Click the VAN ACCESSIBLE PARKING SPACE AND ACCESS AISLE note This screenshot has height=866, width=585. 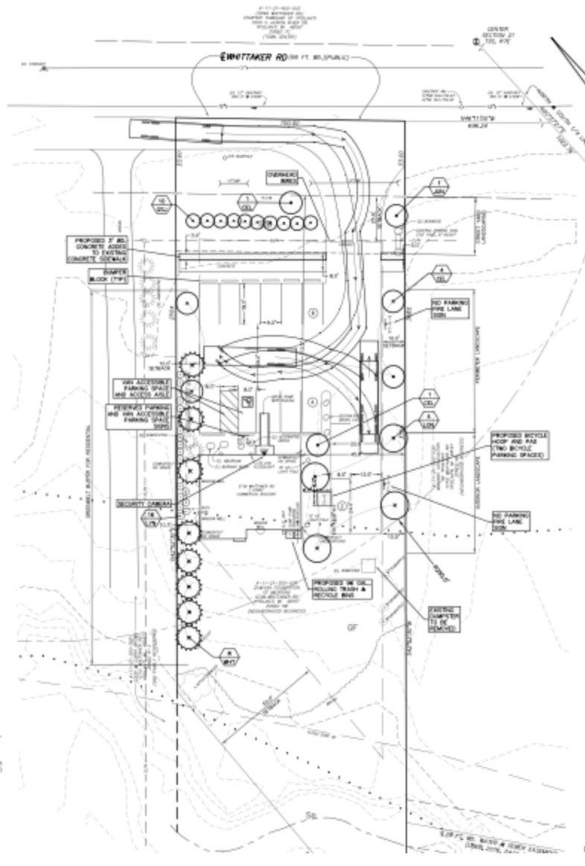[141, 389]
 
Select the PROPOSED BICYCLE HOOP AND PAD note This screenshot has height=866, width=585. [520, 445]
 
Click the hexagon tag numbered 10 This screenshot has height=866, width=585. [161, 204]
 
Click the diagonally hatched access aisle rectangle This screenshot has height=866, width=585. [231, 407]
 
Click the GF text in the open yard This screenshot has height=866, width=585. [352, 627]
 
